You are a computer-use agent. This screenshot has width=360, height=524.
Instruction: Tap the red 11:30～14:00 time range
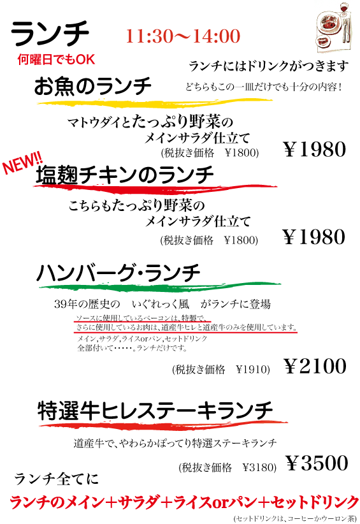(x=183, y=36)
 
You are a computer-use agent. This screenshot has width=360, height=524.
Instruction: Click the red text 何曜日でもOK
(x=56, y=59)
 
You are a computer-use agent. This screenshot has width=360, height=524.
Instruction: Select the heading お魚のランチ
(x=93, y=86)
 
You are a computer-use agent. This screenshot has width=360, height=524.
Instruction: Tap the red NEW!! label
(x=22, y=163)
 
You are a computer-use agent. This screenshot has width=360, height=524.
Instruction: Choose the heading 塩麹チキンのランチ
(x=124, y=175)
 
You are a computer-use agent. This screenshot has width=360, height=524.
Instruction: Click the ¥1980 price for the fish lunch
(x=315, y=149)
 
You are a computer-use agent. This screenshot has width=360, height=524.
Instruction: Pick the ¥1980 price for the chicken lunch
(x=314, y=237)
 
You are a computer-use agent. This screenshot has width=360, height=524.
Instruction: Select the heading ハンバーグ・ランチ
(x=119, y=273)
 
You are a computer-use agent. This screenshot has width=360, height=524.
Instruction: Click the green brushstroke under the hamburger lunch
(x=160, y=287)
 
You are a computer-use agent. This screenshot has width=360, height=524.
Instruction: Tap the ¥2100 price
(x=315, y=366)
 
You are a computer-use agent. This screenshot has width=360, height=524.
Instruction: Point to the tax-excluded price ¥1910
(x=253, y=369)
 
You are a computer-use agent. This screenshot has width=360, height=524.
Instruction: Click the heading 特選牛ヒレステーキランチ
(x=155, y=411)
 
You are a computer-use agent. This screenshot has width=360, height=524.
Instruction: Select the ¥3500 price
(x=317, y=463)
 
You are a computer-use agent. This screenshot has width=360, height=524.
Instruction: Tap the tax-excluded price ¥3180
(x=259, y=467)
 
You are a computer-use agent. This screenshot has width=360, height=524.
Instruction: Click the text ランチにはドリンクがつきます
(x=269, y=66)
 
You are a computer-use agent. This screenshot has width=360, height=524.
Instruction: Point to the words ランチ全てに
(x=57, y=479)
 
